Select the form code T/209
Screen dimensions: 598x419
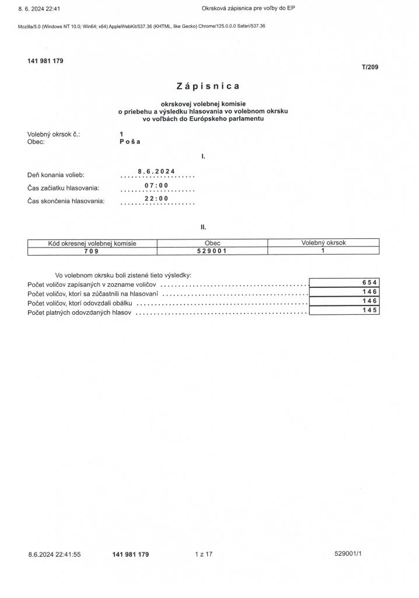pyautogui.click(x=370, y=67)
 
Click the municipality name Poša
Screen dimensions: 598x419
pyautogui.click(x=130, y=141)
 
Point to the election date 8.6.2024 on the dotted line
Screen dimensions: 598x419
pyautogui.click(x=156, y=171)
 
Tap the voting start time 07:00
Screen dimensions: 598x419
pyautogui.click(x=156, y=185)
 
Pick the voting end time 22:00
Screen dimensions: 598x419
pyautogui.click(x=156, y=199)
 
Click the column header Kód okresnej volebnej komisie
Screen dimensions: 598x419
pyautogui.click(x=92, y=243)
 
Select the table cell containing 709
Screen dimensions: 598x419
pyautogui.click(x=92, y=251)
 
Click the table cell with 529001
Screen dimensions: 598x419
pyautogui.click(x=212, y=251)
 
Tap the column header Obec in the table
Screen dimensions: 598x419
pyautogui.click(x=212, y=243)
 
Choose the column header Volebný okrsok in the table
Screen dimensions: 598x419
pyautogui.click(x=323, y=243)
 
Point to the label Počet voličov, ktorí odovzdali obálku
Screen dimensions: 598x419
pyautogui.click(x=81, y=304)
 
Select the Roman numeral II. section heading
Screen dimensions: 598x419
pyautogui.click(x=203, y=227)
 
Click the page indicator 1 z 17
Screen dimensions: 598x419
pyautogui.click(x=204, y=554)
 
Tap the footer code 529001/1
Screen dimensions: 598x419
pyautogui.click(x=348, y=554)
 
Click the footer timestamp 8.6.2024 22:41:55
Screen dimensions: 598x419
pyautogui.click(x=54, y=554)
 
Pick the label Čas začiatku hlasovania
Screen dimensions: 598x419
pyautogui.click(x=63, y=188)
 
